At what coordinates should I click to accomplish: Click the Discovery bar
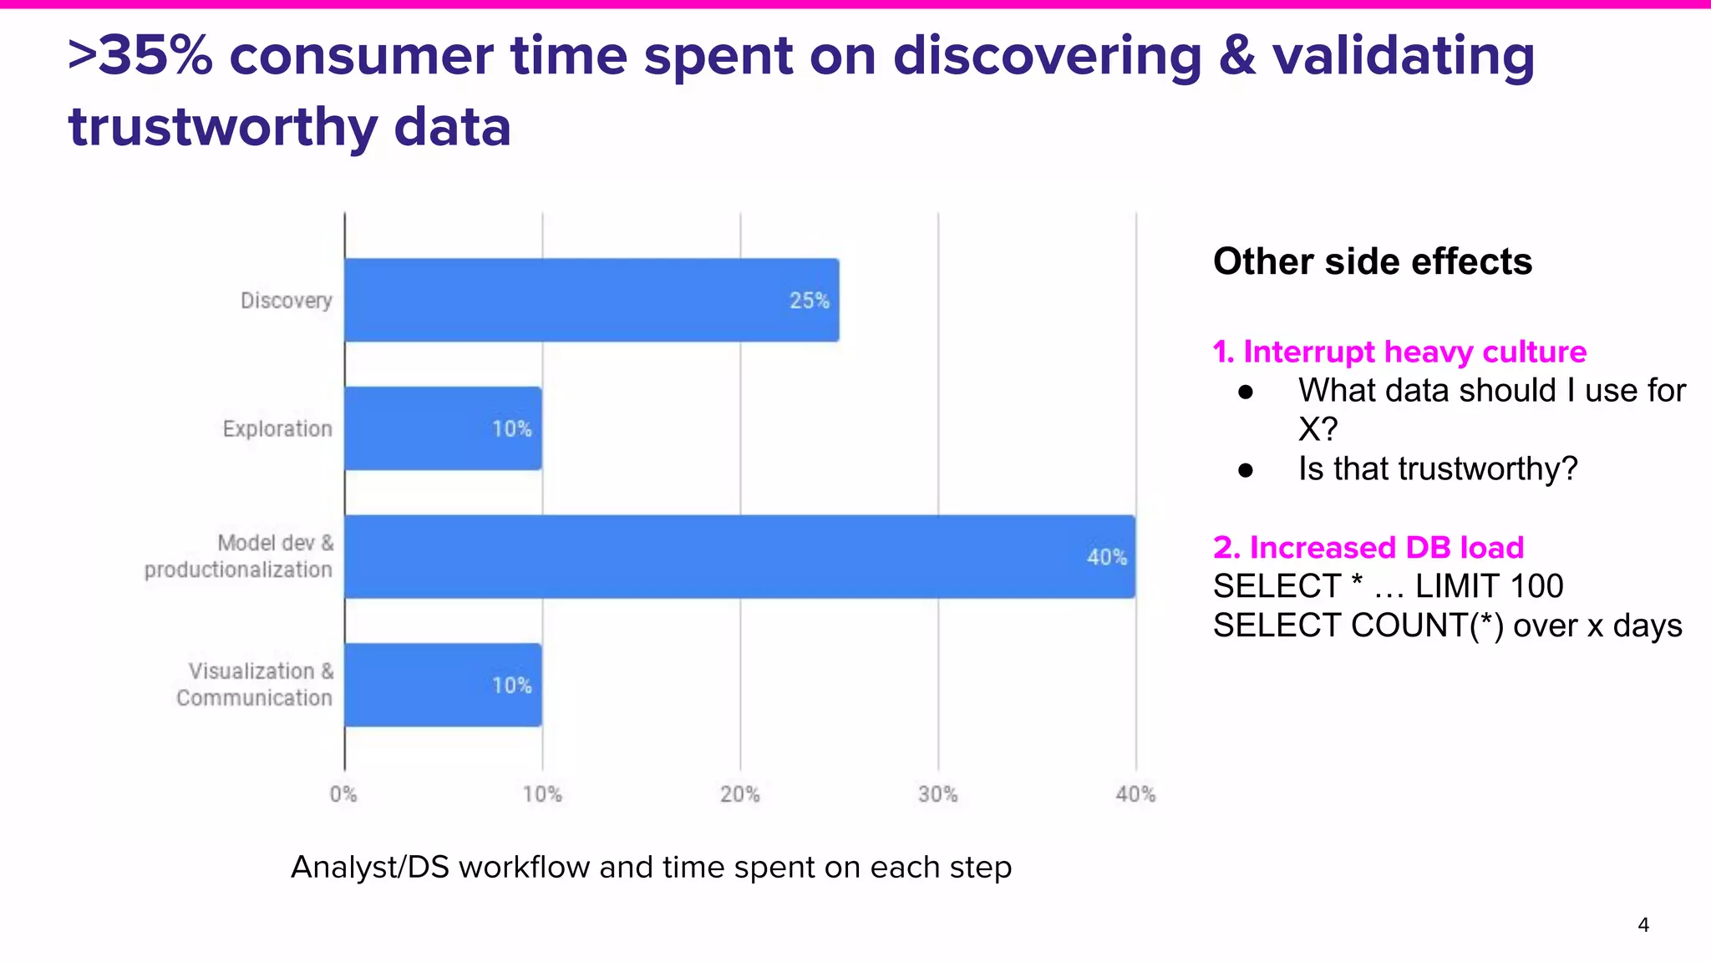point(591,300)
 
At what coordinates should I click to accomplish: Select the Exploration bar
point(443,428)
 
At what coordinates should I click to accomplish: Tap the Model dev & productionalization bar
point(739,557)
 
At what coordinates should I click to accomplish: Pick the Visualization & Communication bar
point(443,685)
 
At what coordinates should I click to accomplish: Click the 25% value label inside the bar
point(809,301)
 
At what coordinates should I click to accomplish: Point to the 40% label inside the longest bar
point(1106,557)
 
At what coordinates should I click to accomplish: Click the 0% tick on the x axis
point(343,794)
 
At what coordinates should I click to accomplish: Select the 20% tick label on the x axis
point(739,794)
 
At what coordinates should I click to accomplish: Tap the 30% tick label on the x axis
point(937,794)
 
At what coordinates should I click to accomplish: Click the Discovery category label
point(286,301)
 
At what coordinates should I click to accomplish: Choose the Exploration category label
point(277,429)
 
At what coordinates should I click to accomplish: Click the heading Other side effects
point(1372,261)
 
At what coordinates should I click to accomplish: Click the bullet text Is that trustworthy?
point(1437,468)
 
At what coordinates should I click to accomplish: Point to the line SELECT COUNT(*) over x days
point(1447,625)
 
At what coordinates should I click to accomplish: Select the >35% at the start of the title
point(140,56)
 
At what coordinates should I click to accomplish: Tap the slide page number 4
point(1642,924)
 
